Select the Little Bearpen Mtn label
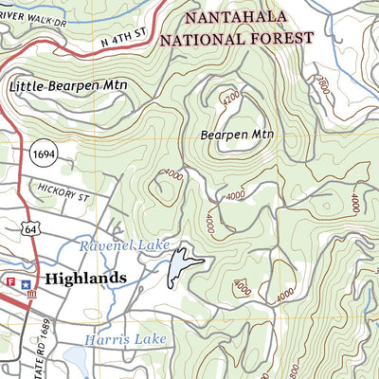point(69,86)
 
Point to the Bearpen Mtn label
point(236,135)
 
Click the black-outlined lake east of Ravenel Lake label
point(181,266)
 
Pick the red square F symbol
point(12,282)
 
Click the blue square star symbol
point(27,282)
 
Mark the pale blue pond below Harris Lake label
point(77,358)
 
